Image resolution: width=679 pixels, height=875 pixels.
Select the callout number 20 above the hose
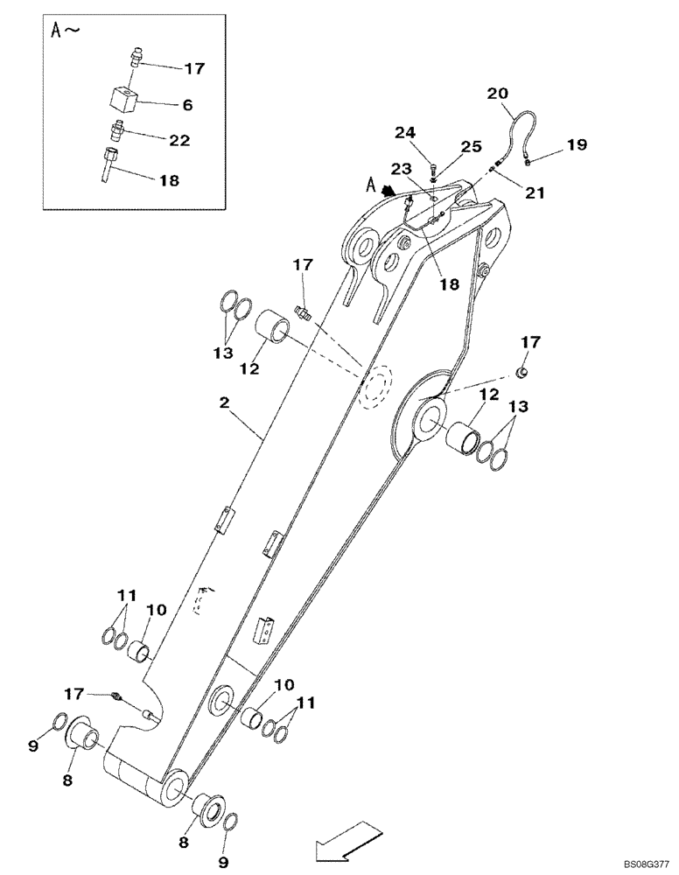click(497, 93)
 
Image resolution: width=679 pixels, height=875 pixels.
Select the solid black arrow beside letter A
click(386, 187)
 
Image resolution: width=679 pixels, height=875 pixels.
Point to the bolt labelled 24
click(434, 170)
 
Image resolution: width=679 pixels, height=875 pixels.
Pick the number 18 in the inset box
click(168, 181)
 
